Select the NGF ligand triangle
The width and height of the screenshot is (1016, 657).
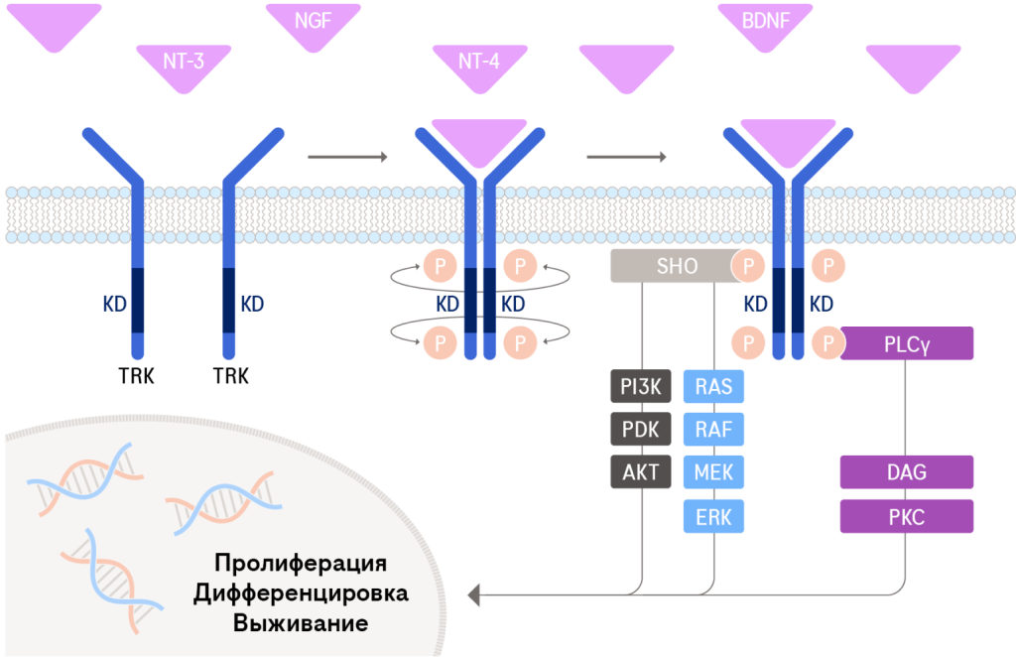[313, 24]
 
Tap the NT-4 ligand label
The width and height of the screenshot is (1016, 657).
[479, 61]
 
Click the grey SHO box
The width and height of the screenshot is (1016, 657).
[677, 266]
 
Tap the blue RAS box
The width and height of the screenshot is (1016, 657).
[713, 386]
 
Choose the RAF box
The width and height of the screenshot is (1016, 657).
[713, 429]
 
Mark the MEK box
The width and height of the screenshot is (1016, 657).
[713, 471]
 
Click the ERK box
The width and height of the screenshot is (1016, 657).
[713, 516]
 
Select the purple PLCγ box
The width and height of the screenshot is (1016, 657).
[907, 344]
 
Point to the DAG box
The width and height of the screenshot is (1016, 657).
[907, 472]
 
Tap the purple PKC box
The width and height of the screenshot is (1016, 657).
[907, 516]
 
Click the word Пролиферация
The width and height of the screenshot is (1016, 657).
[300, 563]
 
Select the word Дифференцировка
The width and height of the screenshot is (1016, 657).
[300, 593]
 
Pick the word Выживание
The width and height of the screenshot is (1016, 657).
[300, 624]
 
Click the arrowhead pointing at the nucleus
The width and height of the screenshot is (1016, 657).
[474, 594]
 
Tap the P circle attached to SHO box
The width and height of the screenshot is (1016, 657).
[749, 266]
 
